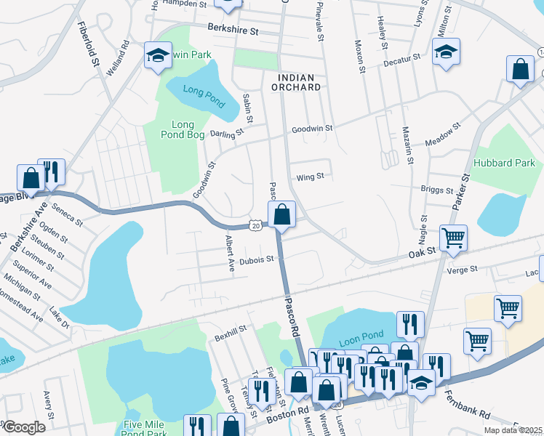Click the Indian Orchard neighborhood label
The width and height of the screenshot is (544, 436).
pyautogui.click(x=296, y=82)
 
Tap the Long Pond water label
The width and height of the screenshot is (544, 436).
pyautogui.click(x=195, y=97)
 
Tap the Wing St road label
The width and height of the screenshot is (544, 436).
pyautogui.click(x=310, y=177)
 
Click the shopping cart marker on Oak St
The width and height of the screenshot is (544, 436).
pyautogui.click(x=453, y=237)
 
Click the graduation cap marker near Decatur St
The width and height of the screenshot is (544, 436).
pyautogui.click(x=447, y=52)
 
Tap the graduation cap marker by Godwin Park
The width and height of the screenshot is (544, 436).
pyautogui.click(x=157, y=55)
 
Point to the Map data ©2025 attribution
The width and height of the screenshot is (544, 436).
pyautogui.click(x=513, y=430)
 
